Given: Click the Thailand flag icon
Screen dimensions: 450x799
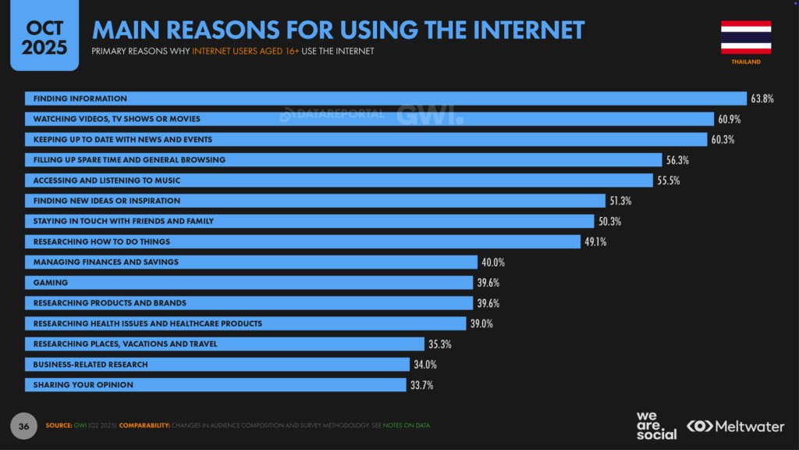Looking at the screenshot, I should pos(746,37).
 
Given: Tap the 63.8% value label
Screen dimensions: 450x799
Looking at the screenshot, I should pos(762,99).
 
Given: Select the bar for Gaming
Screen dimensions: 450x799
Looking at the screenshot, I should pos(250,282).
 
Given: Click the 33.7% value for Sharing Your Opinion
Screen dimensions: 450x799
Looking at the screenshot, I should pos(421,384).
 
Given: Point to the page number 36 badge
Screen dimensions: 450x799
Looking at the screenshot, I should pos(23,425).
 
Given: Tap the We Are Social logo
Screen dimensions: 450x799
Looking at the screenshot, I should pos(656,425).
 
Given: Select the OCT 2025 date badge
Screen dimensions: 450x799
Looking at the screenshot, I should pos(44,37).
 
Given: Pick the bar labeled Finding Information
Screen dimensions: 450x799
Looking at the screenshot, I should pos(386,99).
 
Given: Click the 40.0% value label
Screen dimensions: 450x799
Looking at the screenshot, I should pos(493,262).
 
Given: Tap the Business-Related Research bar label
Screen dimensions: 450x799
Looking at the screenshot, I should pos(91,364).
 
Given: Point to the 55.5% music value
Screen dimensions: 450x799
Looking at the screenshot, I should pos(669,180).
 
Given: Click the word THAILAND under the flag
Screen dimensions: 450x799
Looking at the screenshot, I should pos(745,62).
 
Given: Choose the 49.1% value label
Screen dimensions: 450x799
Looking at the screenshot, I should pos(595,241).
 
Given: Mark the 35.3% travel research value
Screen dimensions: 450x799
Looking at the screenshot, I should pos(440,344).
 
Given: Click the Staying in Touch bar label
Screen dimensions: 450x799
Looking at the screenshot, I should pos(123,221).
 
